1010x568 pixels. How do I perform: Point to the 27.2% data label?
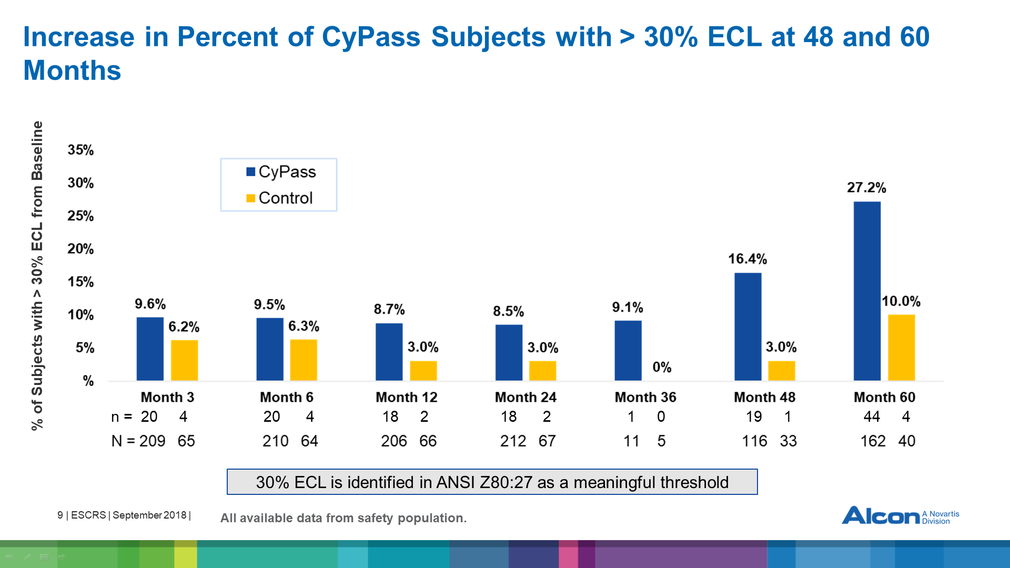tap(866, 188)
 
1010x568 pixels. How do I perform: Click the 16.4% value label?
tap(747, 259)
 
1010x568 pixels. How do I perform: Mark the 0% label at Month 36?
tap(662, 367)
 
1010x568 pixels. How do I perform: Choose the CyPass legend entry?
tap(281, 172)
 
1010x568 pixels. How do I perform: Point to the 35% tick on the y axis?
tap(80, 150)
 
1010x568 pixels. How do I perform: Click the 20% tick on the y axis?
tap(80, 249)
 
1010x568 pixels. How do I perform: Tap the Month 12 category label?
tap(406, 397)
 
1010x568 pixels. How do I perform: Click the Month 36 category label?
tap(645, 397)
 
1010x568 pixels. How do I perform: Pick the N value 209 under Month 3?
tap(153, 441)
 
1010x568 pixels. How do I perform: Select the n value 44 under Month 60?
tap(872, 417)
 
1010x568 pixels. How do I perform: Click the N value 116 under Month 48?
tap(754, 441)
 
